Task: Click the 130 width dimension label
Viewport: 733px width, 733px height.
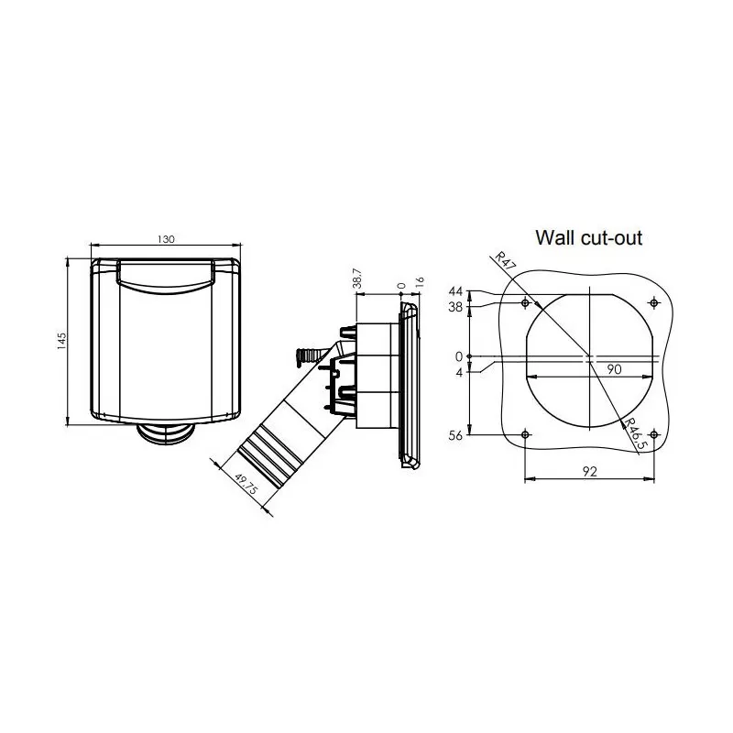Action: (x=165, y=238)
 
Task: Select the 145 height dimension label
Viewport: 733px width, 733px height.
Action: (x=61, y=341)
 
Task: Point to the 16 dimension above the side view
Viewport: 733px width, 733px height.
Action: (x=420, y=285)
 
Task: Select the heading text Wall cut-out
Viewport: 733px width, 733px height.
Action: (x=589, y=238)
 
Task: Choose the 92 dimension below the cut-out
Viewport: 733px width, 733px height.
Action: (x=589, y=472)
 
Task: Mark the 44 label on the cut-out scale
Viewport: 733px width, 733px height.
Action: (x=455, y=291)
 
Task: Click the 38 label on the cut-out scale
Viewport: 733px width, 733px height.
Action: (x=455, y=308)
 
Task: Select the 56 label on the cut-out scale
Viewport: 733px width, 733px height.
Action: (x=455, y=436)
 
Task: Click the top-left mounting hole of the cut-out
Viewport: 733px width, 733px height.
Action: (x=524, y=302)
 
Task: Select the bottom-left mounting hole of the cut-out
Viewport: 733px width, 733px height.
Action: (x=524, y=434)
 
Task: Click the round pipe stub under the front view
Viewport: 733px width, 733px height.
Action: (x=165, y=433)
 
